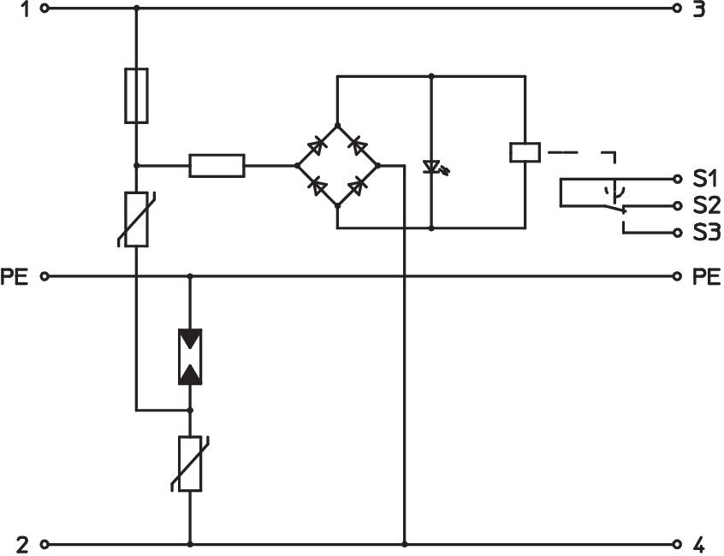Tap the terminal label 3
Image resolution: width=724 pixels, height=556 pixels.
(698, 10)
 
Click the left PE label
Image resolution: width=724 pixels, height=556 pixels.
(15, 276)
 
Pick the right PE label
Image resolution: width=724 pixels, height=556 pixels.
(707, 276)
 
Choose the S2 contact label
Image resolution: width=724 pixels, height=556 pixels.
(706, 206)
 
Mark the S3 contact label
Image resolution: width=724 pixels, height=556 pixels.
(706, 233)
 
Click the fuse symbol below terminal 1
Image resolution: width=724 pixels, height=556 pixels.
(136, 95)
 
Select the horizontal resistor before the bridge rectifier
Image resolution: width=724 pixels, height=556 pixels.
(217, 165)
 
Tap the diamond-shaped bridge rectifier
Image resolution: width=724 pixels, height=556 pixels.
(337, 164)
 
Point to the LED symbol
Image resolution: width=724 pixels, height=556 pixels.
(432, 166)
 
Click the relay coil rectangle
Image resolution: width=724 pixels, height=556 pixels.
(524, 152)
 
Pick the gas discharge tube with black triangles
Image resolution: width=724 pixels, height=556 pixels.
(189, 355)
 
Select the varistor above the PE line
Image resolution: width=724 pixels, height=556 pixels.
(136, 220)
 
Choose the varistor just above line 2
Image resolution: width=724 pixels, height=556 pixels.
(189, 463)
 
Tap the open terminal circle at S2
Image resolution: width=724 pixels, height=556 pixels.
(677, 206)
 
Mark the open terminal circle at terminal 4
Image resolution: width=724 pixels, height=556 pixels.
(677, 544)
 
